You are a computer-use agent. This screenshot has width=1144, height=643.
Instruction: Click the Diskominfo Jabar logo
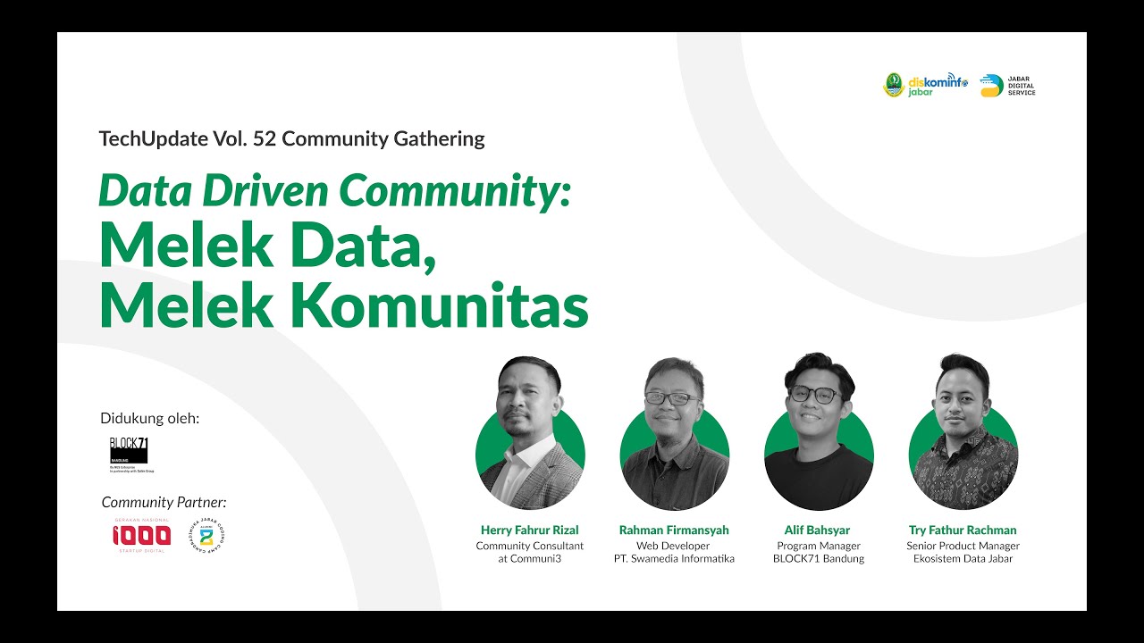925,85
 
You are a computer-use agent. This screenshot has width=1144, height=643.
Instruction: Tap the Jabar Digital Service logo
1007,86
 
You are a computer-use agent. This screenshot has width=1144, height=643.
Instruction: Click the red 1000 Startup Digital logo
141,535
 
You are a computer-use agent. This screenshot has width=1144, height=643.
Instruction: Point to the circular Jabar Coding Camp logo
206,536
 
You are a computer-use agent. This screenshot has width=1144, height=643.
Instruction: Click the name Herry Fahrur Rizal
529,530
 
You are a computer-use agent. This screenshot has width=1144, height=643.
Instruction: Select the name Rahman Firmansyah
674,530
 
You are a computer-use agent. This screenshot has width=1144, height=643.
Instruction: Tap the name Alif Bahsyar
818,530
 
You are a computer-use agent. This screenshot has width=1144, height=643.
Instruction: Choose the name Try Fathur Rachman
963,530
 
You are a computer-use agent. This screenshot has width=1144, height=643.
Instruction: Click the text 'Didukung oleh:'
150,418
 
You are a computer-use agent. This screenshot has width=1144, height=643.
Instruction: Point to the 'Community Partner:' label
164,502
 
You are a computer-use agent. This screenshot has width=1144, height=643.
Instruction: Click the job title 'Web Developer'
673,546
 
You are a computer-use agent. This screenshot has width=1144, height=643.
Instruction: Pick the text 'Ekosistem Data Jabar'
963,559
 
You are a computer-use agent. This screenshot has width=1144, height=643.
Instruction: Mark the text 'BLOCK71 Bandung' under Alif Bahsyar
818,559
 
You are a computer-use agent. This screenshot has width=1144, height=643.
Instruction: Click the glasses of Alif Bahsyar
814,394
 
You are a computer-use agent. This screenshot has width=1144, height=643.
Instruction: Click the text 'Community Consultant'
529,546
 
